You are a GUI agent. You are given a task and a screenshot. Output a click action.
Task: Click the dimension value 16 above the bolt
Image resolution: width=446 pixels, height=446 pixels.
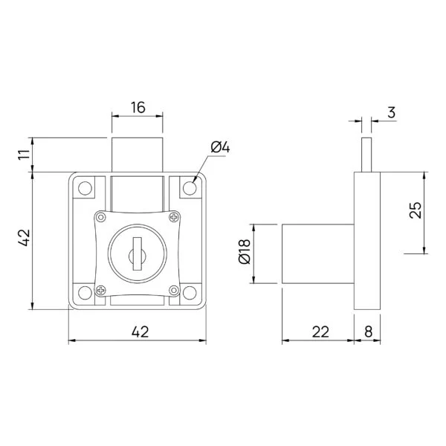pyautogui.click(x=138, y=107)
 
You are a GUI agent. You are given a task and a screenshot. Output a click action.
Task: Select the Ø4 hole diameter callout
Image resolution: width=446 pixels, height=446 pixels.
pyautogui.click(x=221, y=148)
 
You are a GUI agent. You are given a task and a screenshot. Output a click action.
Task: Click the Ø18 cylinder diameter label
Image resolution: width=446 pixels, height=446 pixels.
pyautogui.click(x=244, y=254)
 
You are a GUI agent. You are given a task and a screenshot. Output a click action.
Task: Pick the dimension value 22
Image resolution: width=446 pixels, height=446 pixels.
pyautogui.click(x=320, y=332)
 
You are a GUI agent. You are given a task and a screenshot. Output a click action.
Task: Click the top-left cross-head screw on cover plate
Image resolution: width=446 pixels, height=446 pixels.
pyautogui.click(x=100, y=217)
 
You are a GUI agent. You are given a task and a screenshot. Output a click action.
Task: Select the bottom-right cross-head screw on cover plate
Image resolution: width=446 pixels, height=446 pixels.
pyautogui.click(x=174, y=290)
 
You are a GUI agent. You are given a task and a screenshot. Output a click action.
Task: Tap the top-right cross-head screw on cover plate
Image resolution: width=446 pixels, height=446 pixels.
pyautogui.click(x=174, y=217)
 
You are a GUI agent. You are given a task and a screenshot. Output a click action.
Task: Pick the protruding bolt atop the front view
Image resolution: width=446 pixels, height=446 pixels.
pyautogui.click(x=137, y=155)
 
